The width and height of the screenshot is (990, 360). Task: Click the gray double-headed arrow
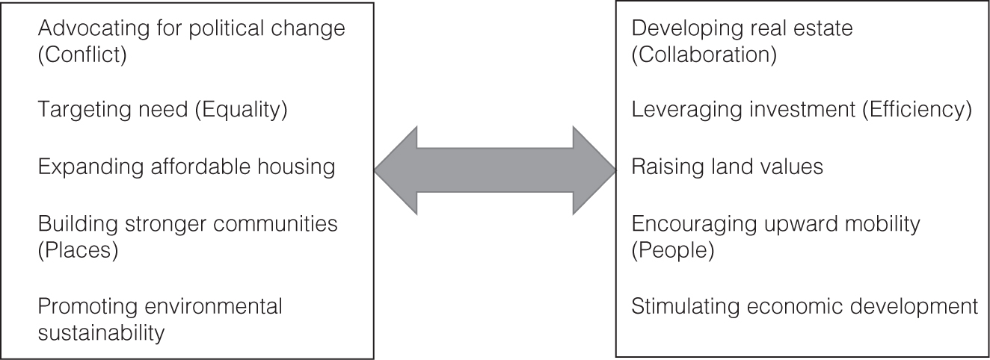494,171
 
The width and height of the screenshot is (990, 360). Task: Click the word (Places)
78,250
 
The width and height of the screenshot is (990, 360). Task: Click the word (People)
673,250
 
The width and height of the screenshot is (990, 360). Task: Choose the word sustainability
101,332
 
